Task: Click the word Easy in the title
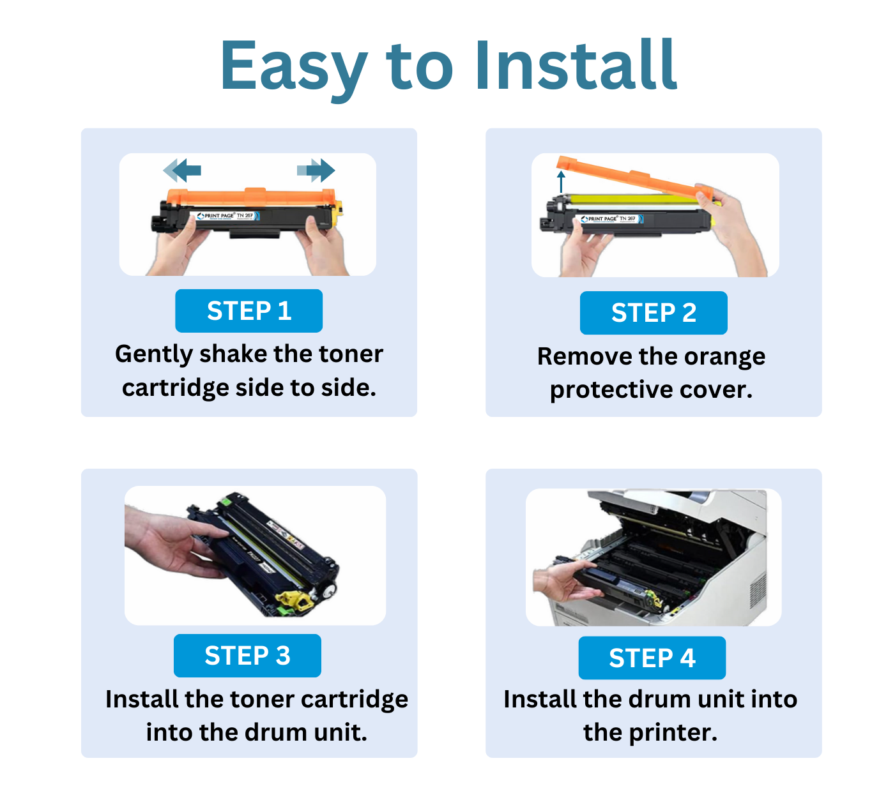(293, 66)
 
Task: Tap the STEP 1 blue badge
(249, 311)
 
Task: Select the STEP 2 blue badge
(653, 313)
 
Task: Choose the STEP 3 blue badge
(247, 656)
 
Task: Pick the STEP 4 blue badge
(652, 658)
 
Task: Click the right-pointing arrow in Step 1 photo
(317, 170)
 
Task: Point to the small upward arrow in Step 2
(562, 181)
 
